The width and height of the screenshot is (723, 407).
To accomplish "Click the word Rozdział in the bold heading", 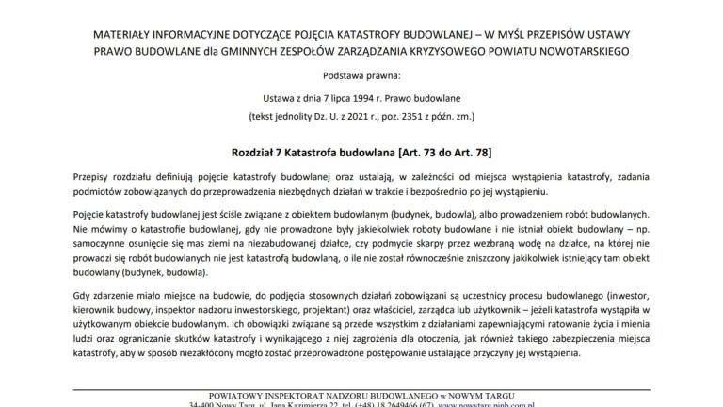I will click(255, 152).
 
